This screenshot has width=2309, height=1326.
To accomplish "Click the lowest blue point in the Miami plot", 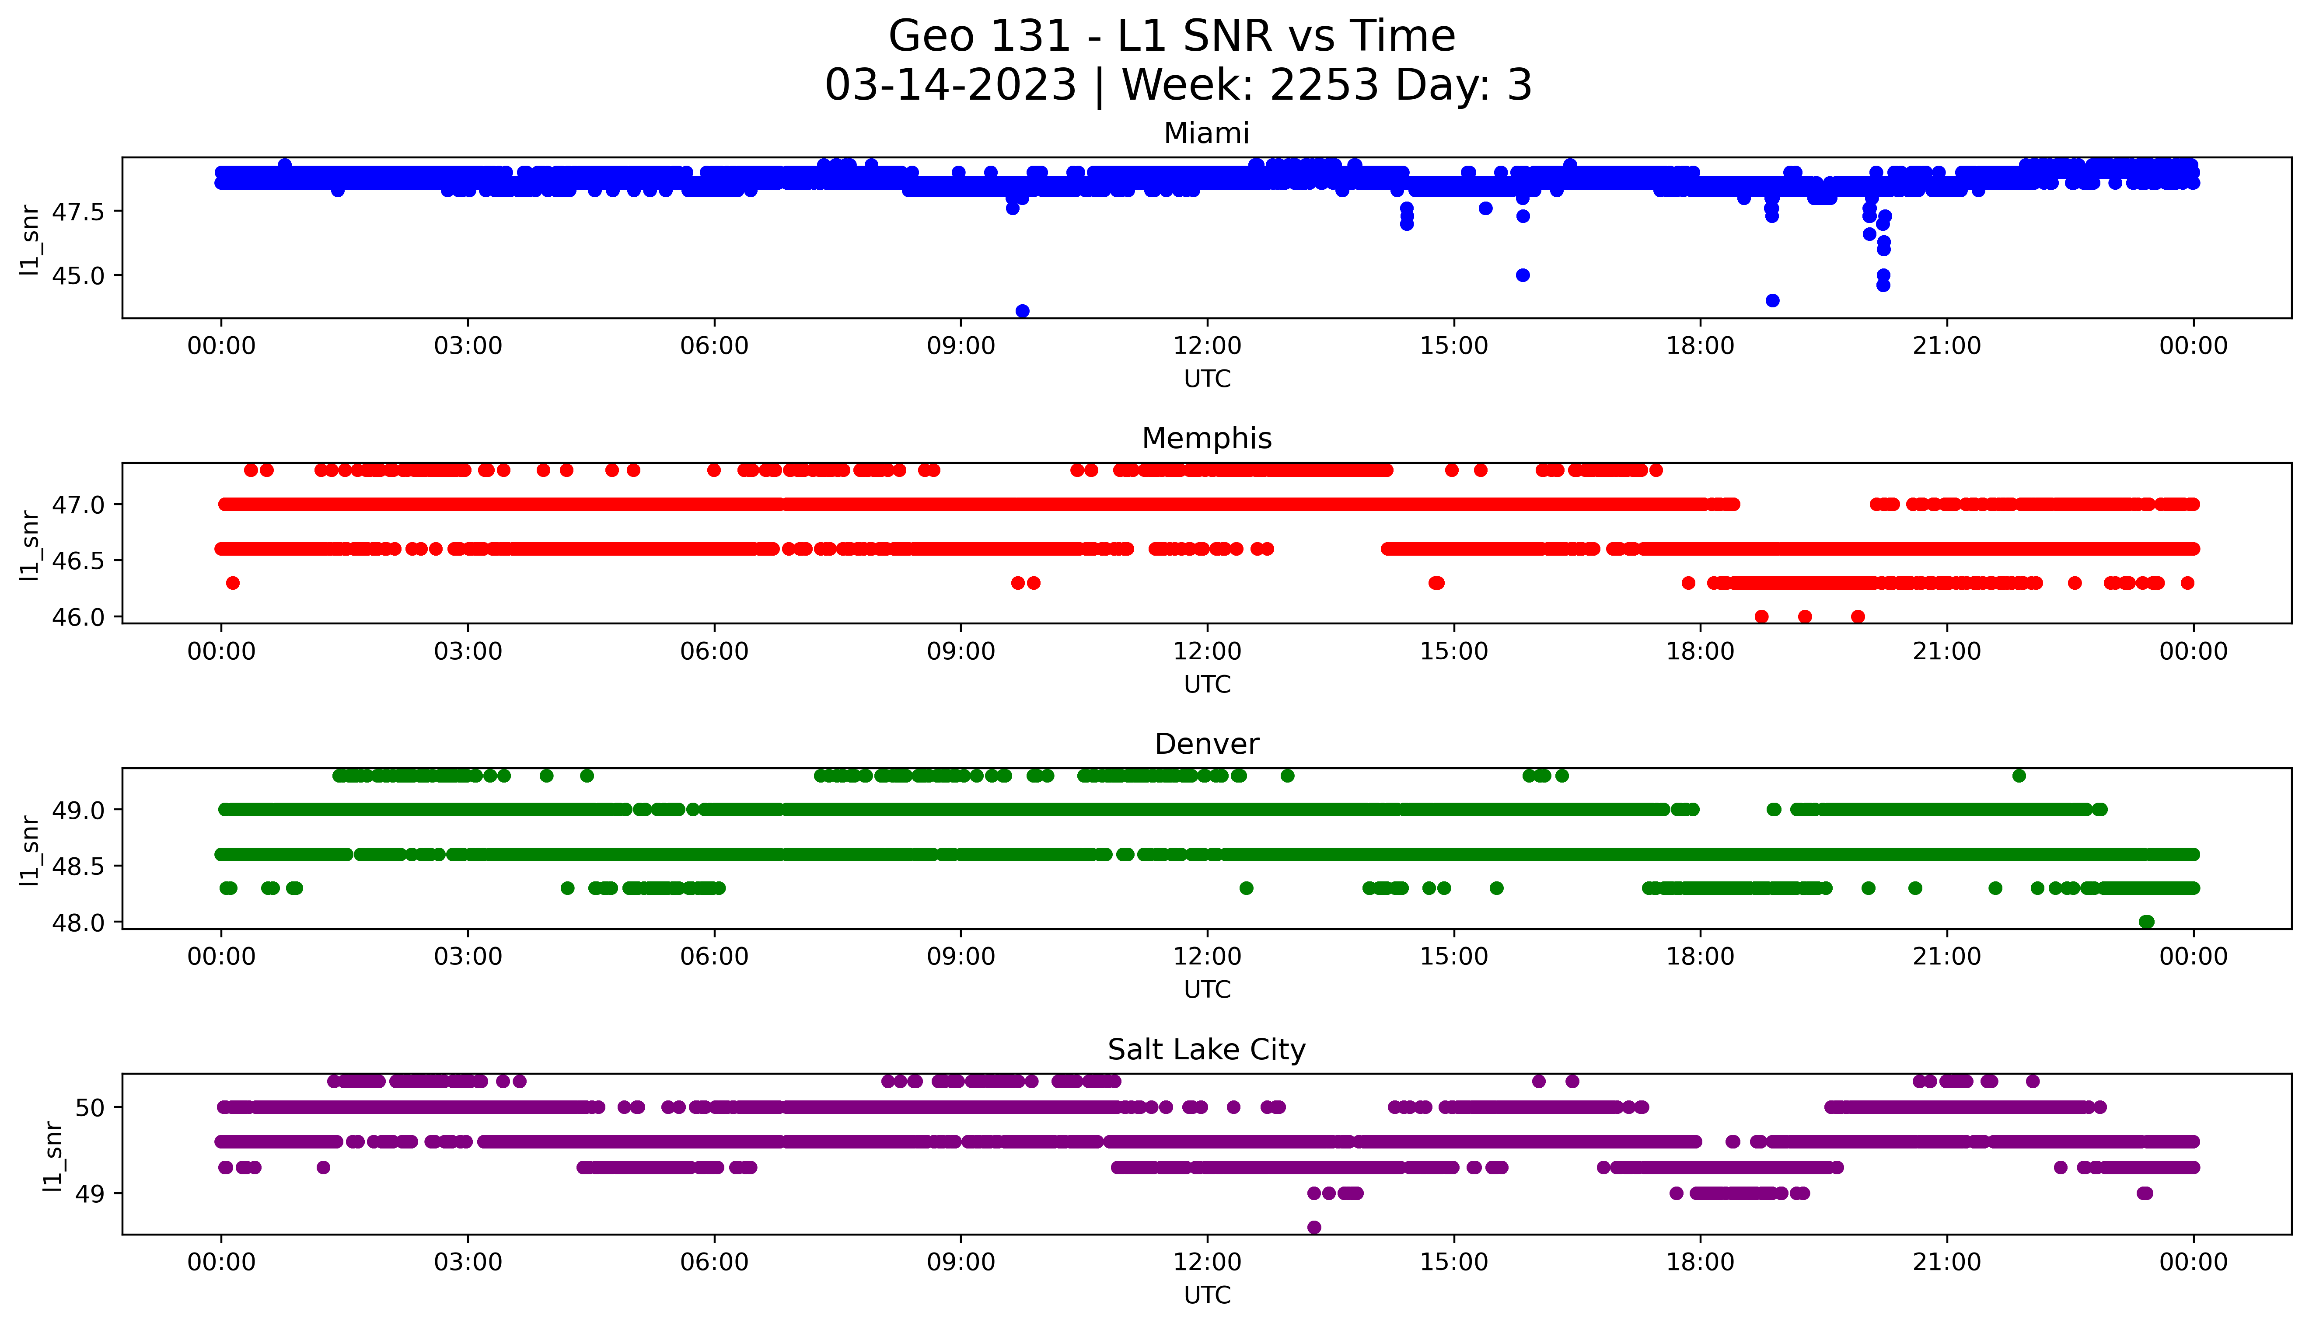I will (x=1022, y=311).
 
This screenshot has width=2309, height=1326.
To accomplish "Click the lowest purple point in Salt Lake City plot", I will (x=1313, y=1228).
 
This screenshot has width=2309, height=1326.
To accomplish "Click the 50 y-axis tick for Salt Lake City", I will (x=91, y=1107).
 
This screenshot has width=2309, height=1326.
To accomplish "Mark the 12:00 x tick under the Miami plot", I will (x=1207, y=346).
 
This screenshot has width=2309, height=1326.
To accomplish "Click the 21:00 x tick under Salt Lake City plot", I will (x=1946, y=1262).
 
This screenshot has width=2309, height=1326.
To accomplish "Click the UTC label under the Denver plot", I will (x=1207, y=989).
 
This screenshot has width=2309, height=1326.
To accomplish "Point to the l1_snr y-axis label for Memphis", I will (x=30, y=545).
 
